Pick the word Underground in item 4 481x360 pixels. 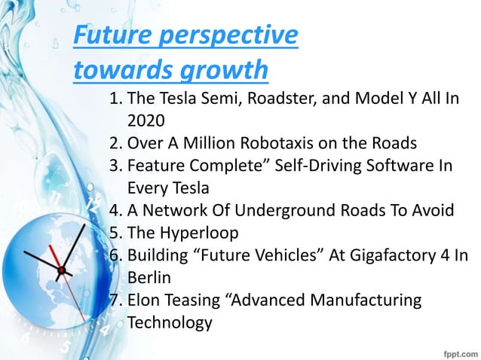pos(298,209)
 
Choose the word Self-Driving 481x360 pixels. pos(334,165)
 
